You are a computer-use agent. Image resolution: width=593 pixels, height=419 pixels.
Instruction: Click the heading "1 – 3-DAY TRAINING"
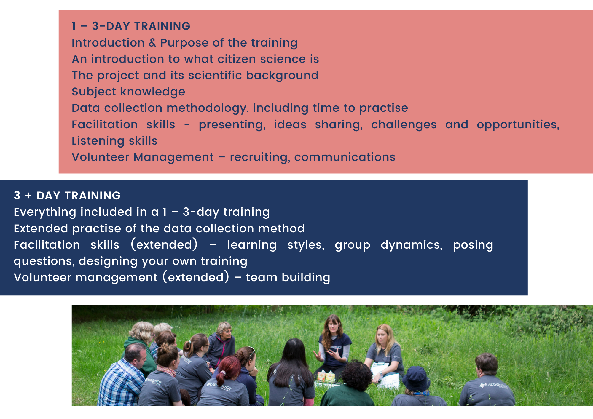coord(131,26)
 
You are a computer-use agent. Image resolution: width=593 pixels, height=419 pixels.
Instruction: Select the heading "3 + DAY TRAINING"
coord(67,196)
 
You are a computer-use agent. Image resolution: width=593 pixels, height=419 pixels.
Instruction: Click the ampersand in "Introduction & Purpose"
coord(152,43)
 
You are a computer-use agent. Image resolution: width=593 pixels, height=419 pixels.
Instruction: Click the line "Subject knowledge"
coord(128,92)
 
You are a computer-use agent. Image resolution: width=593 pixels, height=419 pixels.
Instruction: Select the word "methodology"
coord(207,108)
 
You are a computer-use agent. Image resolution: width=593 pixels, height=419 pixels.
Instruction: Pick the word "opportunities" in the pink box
coord(517,125)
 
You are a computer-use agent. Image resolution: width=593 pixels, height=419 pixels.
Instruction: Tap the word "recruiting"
coord(260,157)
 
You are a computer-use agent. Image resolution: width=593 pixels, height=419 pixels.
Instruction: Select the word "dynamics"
coord(411,245)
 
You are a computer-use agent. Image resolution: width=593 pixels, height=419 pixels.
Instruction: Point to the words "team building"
coord(288,278)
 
